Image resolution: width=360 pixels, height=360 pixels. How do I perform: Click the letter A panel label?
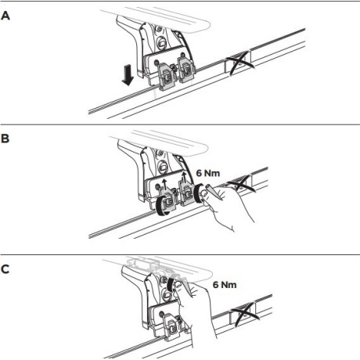(5, 16)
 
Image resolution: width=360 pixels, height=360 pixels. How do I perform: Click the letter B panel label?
(5, 139)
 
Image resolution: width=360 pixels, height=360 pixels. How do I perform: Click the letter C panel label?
(5, 269)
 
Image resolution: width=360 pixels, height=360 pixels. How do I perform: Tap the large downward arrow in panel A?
(128, 75)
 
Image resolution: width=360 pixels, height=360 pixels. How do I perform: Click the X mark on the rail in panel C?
(246, 315)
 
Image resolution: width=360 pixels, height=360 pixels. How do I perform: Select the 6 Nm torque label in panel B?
(208, 173)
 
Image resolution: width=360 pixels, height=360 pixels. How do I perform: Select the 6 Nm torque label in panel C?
(225, 284)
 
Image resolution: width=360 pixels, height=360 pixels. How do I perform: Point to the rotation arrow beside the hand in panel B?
(198, 193)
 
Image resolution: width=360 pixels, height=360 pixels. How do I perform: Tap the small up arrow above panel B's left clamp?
(164, 184)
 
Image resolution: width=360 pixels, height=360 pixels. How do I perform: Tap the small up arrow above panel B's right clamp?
(184, 177)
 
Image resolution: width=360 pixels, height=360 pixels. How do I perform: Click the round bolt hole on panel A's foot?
(161, 41)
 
